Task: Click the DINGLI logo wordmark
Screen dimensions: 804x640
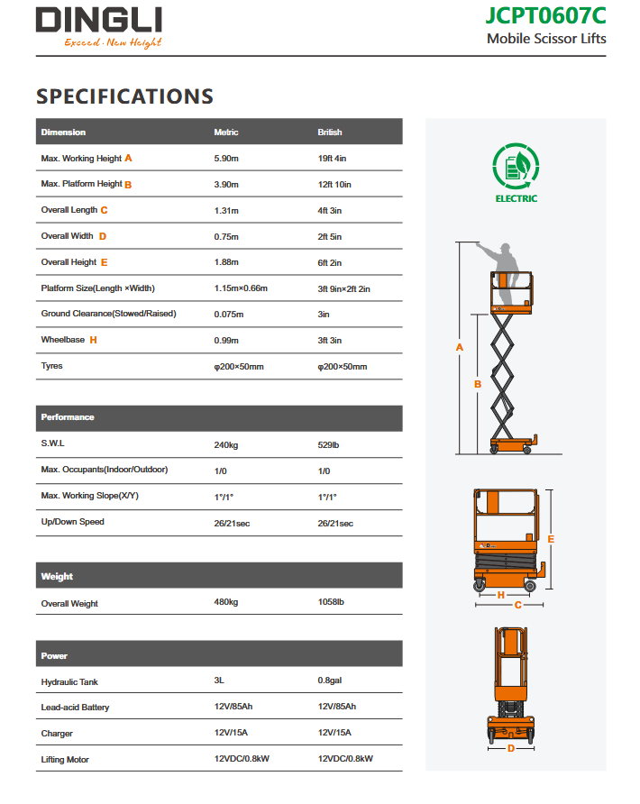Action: (98, 20)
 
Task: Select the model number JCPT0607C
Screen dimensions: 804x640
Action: (545, 15)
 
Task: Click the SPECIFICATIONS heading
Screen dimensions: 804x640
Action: (124, 96)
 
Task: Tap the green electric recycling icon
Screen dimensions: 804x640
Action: (516, 167)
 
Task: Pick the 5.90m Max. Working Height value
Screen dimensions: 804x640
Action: (226, 159)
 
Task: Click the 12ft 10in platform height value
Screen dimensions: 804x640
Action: (334, 185)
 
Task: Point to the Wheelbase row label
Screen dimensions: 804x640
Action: (63, 340)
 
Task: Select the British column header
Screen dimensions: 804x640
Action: (330, 132)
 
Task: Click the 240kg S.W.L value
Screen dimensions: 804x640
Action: (225, 445)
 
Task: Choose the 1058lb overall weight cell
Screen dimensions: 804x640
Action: (331, 602)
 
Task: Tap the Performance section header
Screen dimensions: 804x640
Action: (68, 417)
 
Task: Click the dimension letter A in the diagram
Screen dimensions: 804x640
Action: (460, 347)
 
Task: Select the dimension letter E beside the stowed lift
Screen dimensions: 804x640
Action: (551, 539)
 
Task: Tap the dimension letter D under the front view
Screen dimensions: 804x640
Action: (510, 747)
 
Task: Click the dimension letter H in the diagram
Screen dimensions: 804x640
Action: (500, 594)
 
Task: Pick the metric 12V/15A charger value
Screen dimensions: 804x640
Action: (232, 734)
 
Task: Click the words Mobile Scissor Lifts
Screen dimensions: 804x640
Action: (546, 39)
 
